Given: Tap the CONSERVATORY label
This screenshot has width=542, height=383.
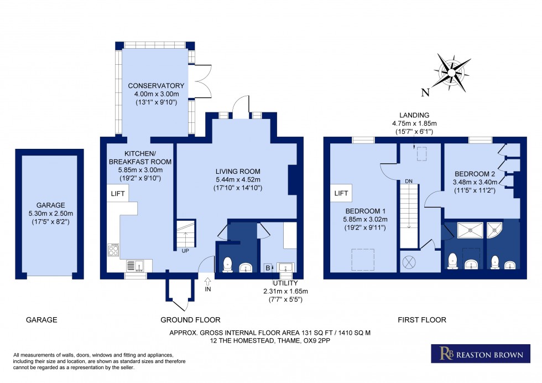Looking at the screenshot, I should click(156, 86).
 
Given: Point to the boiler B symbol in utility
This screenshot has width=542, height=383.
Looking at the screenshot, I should click(268, 268).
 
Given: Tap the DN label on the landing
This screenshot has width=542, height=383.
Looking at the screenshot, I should click(409, 181).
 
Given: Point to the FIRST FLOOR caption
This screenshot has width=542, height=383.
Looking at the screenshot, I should click(422, 320).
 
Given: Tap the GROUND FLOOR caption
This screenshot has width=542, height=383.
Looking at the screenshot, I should click(191, 320).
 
